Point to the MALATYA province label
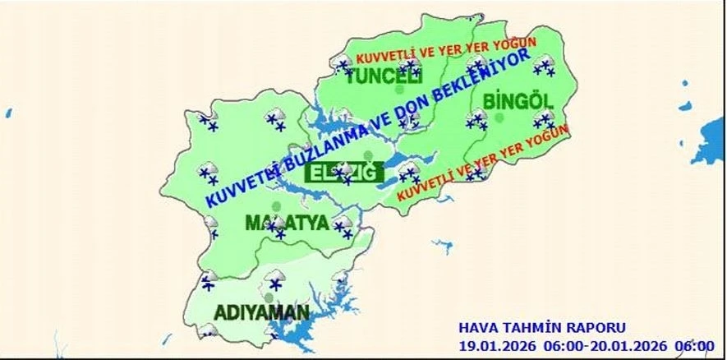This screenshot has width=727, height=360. [287, 224]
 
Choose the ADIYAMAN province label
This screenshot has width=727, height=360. [262, 312]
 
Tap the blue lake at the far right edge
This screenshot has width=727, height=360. [710, 132]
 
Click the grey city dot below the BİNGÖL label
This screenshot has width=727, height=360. [499, 118]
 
